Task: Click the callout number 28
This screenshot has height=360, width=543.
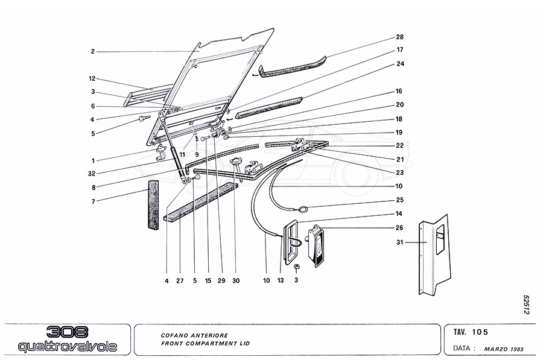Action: (399, 37)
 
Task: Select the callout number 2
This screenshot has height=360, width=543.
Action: (93, 52)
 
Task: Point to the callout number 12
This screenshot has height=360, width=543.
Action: (93, 79)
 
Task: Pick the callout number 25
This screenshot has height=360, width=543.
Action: (399, 200)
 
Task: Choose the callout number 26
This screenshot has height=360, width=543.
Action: (399, 228)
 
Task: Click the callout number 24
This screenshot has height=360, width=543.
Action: (399, 64)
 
